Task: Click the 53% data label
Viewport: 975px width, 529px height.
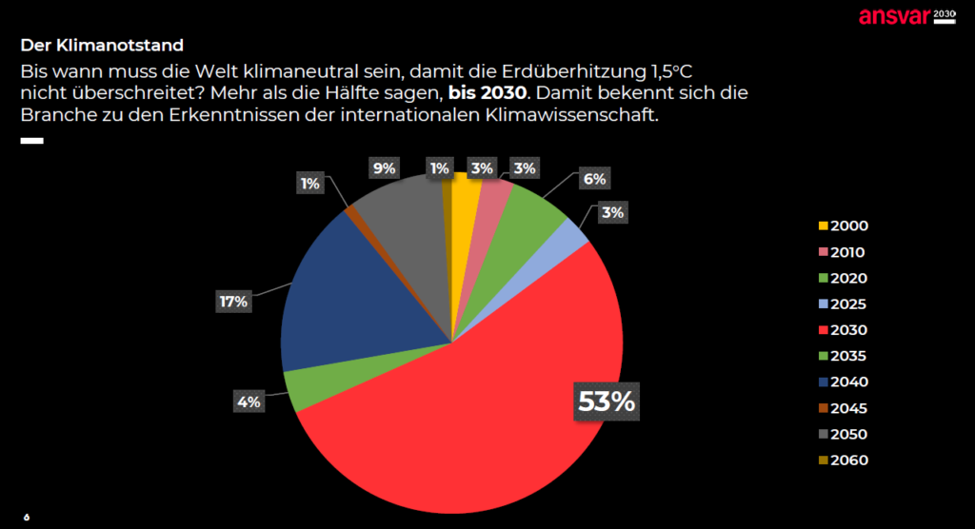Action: [x=607, y=402]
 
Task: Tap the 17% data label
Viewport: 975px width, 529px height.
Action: [x=233, y=302]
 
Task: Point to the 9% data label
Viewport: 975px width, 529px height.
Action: [x=385, y=169]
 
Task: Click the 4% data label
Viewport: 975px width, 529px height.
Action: [x=250, y=402]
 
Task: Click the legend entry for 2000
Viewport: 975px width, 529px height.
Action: [x=843, y=226]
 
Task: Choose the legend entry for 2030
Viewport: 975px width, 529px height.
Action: [x=843, y=330]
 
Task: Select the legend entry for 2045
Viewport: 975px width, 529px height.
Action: [x=843, y=408]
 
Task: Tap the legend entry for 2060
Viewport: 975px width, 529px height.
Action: [x=843, y=460]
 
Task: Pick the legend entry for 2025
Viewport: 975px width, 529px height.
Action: [x=843, y=304]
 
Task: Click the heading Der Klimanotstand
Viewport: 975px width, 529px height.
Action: [x=102, y=45]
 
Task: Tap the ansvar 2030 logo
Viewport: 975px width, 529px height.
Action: [x=905, y=16]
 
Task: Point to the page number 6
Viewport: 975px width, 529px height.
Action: [x=27, y=517]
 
